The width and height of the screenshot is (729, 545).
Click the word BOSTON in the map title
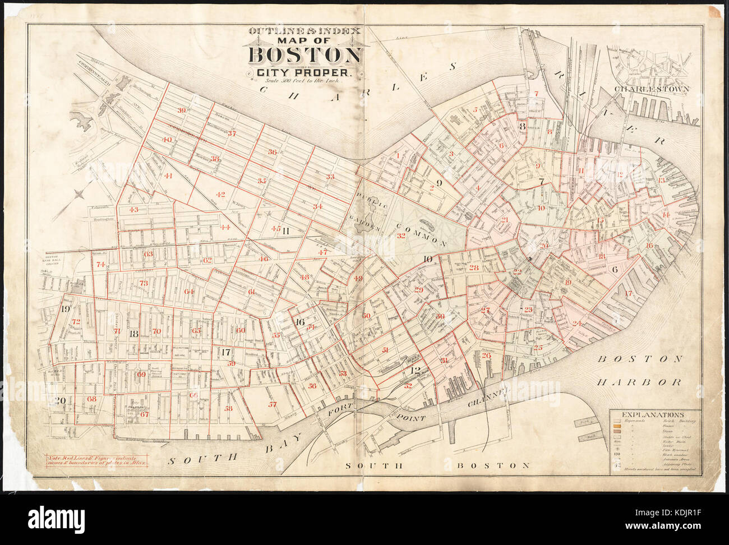(306, 56)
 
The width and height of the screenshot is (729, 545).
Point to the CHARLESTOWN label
(651, 89)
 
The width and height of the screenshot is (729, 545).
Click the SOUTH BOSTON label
(437, 465)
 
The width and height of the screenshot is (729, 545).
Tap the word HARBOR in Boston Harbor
(639, 382)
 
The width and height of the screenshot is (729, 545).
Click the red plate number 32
(401, 236)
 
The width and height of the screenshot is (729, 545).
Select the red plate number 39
(181, 110)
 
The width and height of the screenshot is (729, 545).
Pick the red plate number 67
(145, 414)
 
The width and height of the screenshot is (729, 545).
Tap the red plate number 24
(577, 323)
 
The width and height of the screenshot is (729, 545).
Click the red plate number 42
(220, 195)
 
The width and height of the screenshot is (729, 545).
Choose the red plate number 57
(273, 404)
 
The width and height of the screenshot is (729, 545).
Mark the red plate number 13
(662, 180)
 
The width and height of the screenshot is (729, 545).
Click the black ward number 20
(60, 400)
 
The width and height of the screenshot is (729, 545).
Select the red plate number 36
(272, 151)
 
